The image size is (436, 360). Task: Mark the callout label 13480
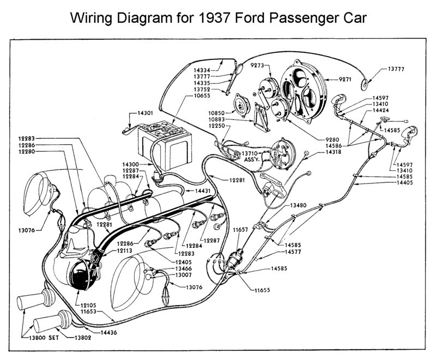[298, 205]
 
